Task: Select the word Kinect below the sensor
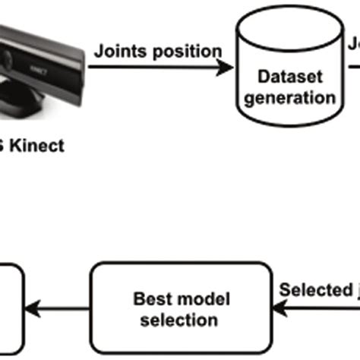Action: point(38,146)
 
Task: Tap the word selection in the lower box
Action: point(181,320)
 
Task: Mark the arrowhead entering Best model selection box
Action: point(280,307)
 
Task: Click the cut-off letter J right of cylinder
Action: point(354,46)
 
